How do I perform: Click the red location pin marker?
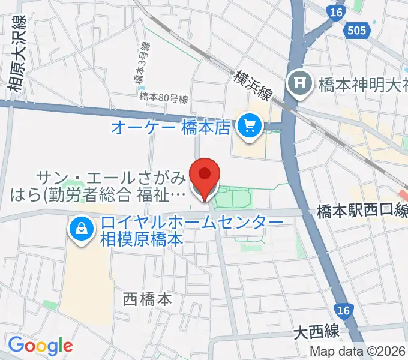tap(205, 176)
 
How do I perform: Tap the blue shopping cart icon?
tap(248, 126)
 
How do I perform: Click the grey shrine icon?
tap(298, 82)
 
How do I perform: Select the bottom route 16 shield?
tap(343, 311)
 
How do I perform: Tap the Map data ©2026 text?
tap(358, 352)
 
